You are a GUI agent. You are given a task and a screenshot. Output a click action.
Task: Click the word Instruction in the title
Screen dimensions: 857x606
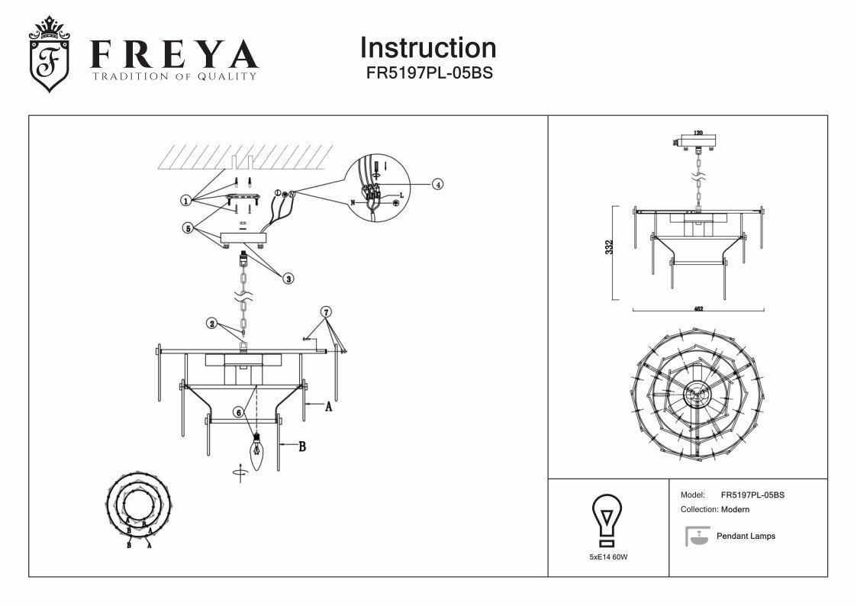(427, 48)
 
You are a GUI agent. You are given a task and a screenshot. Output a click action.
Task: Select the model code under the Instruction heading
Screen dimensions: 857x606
(428, 75)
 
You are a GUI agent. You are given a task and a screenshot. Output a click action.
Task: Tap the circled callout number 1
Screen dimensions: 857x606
(185, 201)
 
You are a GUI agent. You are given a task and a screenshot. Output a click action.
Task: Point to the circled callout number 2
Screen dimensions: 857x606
(211, 323)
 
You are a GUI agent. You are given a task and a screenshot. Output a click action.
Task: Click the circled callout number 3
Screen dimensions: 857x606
(288, 279)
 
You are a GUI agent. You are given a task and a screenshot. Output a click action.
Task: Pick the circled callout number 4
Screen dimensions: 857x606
(437, 184)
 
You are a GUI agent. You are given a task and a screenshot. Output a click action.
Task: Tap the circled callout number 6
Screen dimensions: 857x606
(238, 411)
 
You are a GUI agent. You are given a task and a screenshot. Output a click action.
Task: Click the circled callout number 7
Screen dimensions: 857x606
(326, 311)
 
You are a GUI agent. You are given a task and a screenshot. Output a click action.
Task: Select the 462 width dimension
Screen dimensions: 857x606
(698, 309)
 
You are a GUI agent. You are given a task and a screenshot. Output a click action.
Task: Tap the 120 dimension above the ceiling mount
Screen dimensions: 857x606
(698, 133)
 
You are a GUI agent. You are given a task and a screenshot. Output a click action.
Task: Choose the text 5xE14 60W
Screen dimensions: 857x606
(608, 557)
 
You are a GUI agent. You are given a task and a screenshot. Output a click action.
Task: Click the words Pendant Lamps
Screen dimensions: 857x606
(746, 537)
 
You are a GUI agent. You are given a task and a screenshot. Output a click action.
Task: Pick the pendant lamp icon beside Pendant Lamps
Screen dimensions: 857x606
(696, 536)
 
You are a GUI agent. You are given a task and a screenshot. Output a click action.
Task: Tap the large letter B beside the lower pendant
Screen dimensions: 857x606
(301, 446)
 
